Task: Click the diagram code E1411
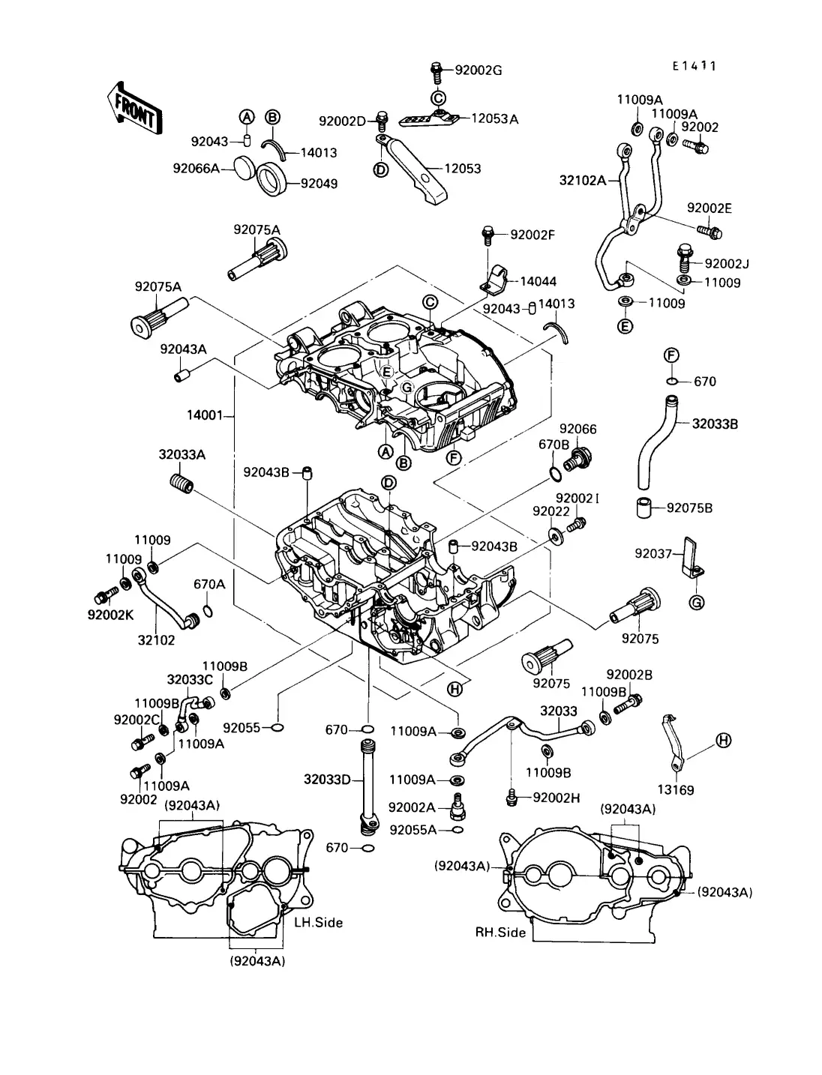coord(694,66)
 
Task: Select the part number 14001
coord(205,415)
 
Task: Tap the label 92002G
coord(478,70)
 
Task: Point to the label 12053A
coord(495,119)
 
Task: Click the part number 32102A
coord(583,181)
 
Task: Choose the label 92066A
coord(196,169)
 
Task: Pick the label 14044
coord(538,282)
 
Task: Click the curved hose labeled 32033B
coord(655,443)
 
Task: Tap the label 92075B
coord(690,508)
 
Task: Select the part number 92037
coord(653,553)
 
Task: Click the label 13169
coord(676,790)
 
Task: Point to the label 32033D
coord(327,779)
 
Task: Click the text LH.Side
coord(319,923)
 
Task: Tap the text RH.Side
coord(501,933)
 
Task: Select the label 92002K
coord(111,615)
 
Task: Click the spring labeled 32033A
coord(181,483)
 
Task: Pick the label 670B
coord(554,445)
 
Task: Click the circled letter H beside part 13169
coord(724,741)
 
